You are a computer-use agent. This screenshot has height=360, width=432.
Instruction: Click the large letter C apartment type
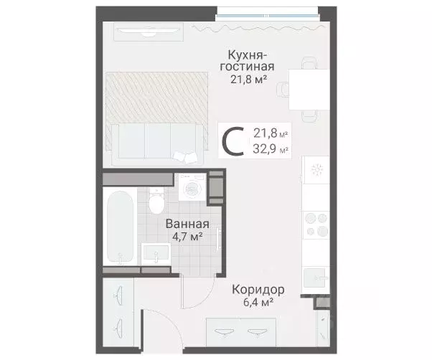[x=232, y=141]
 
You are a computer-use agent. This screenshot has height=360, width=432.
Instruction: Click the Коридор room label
[x=258, y=290]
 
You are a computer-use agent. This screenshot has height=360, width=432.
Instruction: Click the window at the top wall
[x=271, y=11]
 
